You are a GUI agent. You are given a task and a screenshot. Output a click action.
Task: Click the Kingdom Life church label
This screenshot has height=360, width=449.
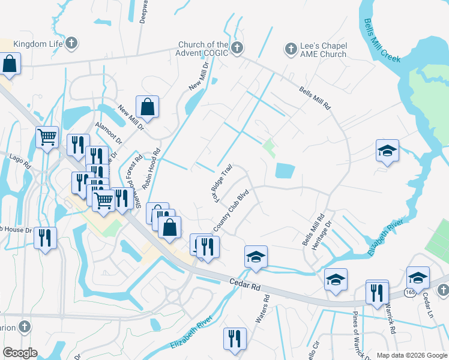tap(38, 44)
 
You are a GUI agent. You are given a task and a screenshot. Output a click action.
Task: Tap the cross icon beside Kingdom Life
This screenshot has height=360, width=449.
tap(71, 44)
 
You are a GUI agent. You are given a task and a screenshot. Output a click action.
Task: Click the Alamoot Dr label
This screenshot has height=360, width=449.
tap(108, 133)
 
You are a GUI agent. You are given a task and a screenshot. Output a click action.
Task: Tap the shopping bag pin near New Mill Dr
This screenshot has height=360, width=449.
tap(147, 108)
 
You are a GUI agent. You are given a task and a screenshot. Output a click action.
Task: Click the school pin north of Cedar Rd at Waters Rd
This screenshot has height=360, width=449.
tap(256, 257)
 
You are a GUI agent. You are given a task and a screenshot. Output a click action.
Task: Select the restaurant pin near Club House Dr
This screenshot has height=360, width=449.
tap(45, 238)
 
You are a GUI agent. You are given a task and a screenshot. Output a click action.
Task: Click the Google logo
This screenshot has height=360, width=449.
tap(19, 353)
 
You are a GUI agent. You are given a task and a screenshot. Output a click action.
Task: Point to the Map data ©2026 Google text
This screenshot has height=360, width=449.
tap(411, 355)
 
